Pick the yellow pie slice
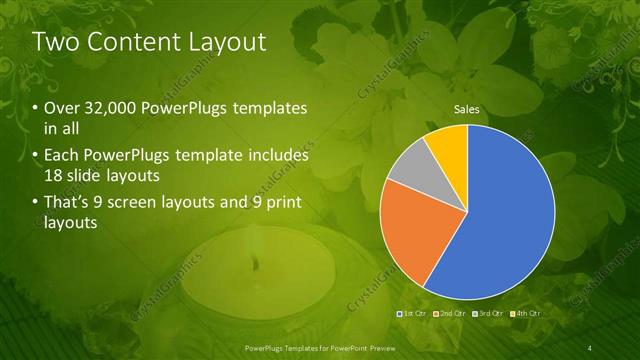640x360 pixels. (448, 144)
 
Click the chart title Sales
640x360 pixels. (467, 109)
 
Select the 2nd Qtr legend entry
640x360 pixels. (451, 313)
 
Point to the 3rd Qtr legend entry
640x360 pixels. (488, 313)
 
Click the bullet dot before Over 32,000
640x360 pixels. (36, 108)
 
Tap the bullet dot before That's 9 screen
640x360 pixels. (36, 204)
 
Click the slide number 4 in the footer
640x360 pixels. (590, 347)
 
